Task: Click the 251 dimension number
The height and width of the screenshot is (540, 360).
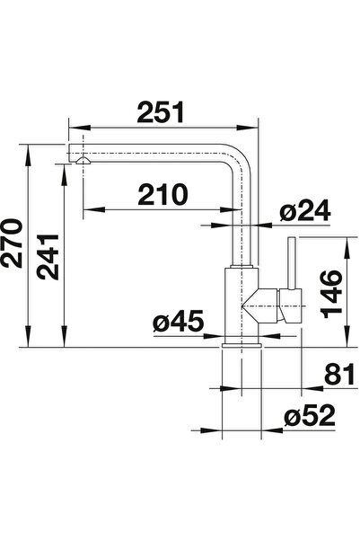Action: click(x=161, y=112)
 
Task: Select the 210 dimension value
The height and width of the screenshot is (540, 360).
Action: click(x=163, y=194)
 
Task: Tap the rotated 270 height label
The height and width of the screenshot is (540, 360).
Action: click(x=12, y=243)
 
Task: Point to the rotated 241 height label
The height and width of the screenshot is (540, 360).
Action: click(x=48, y=257)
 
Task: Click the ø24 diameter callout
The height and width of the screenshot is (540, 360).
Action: click(x=305, y=210)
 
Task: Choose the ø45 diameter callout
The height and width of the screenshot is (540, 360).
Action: click(x=179, y=321)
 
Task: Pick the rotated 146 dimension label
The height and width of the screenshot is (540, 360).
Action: click(x=331, y=294)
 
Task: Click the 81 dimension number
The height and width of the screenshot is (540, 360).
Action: click(x=339, y=374)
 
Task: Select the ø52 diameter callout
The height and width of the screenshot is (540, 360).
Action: click(x=310, y=415)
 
